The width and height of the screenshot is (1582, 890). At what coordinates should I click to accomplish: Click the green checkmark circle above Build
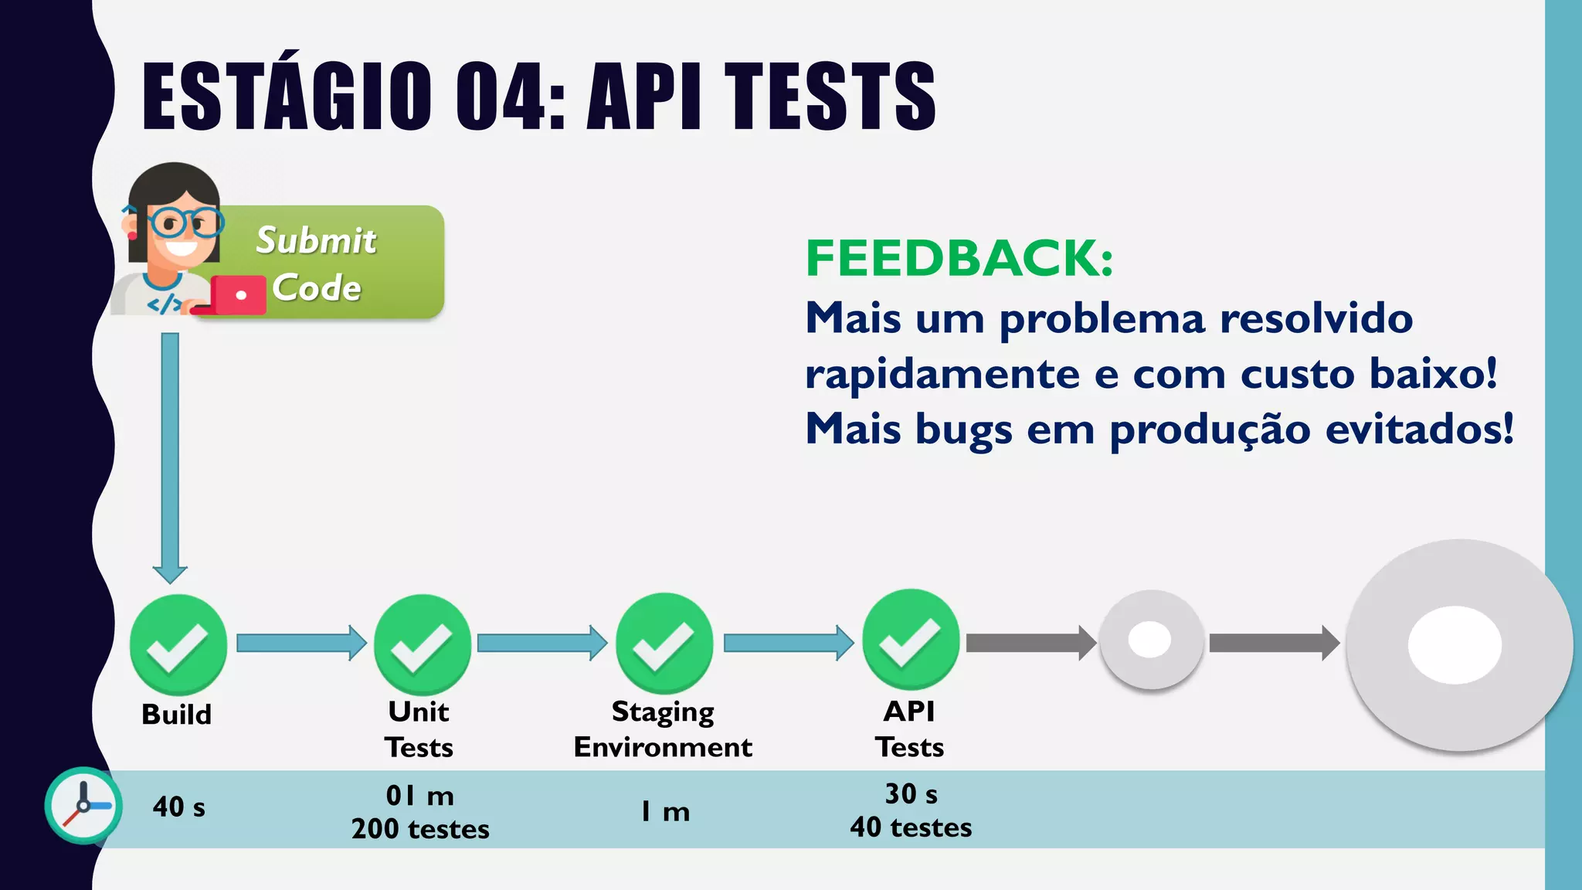coord(178,644)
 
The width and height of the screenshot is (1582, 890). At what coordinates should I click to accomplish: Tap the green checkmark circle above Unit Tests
coord(423,644)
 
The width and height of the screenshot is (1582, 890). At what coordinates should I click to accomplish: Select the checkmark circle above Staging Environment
coord(664,643)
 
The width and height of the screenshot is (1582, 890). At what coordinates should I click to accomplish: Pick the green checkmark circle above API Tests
coord(911,640)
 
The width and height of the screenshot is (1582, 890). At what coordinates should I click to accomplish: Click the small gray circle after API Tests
coord(1151,640)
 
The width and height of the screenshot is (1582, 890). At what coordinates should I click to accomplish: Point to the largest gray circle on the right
coord(1458,645)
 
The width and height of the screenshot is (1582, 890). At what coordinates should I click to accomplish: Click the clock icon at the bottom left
coord(83,805)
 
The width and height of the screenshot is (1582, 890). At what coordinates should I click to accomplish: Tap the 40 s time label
coord(178,807)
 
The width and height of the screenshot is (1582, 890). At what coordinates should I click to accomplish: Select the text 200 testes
coord(420,829)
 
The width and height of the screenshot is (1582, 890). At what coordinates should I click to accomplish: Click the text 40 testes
coord(911,827)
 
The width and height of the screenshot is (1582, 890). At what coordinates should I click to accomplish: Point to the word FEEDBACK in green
coord(959,258)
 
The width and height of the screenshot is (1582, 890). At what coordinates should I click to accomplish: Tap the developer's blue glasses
coord(184,222)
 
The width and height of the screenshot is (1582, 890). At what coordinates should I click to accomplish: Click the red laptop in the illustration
coord(236,295)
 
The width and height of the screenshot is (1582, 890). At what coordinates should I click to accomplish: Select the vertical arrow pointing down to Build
coord(170,456)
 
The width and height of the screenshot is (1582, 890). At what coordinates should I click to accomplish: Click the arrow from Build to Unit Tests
coord(300,643)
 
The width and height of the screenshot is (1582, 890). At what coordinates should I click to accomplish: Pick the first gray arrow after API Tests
coord(1030,643)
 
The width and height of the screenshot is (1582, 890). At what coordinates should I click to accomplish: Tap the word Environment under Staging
coord(663,747)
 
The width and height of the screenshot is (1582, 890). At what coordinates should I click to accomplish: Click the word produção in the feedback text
coord(1210,430)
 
